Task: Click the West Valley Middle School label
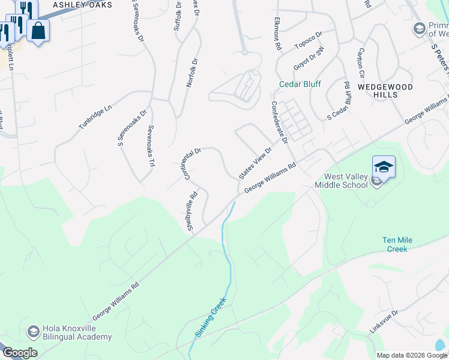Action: [345, 181]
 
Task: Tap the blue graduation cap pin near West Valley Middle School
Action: [384, 166]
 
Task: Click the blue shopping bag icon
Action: [38, 31]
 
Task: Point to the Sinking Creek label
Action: [210, 317]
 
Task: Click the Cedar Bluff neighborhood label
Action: [300, 85]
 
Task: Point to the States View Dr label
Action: [255, 163]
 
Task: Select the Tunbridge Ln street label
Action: [95, 118]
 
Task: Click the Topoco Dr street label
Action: [308, 40]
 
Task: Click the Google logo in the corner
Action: [20, 353]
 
